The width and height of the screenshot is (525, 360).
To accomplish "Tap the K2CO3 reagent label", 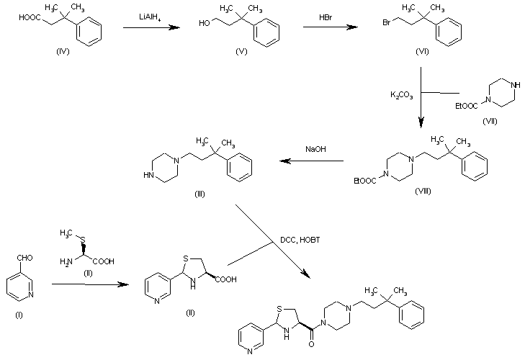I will [401, 94].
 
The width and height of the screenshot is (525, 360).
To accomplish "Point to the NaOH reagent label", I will [314, 149].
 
